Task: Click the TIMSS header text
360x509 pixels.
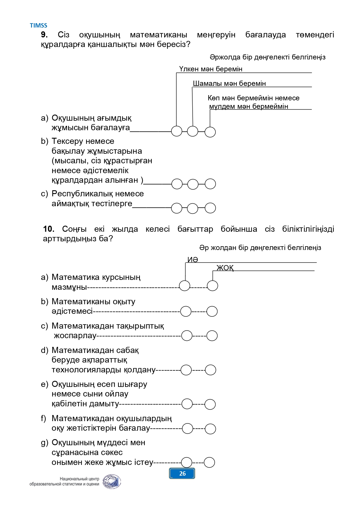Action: pyautogui.click(x=38, y=26)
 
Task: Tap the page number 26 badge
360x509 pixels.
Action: pyautogui.click(x=182, y=474)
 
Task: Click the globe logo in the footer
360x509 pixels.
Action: pyautogui.click(x=112, y=482)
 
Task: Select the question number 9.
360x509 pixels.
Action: pyautogui.click(x=44, y=35)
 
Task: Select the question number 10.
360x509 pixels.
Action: pyautogui.click(x=49, y=229)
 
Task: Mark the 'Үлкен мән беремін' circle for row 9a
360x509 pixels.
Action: pyautogui.click(x=177, y=131)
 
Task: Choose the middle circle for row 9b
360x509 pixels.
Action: pyautogui.click(x=193, y=184)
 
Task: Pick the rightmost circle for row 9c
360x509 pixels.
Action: pyautogui.click(x=210, y=208)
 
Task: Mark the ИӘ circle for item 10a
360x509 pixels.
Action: pyautogui.click(x=184, y=286)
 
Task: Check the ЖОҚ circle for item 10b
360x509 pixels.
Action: pyautogui.click(x=212, y=311)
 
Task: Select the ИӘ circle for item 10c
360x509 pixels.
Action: pyautogui.click(x=187, y=336)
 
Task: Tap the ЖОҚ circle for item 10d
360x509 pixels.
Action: pyautogui.click(x=211, y=370)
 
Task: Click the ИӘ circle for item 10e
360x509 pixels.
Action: pyautogui.click(x=187, y=404)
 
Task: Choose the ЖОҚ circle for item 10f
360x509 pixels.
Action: pyautogui.click(x=210, y=429)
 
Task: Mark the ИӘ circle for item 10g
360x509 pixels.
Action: pyautogui.click(x=187, y=463)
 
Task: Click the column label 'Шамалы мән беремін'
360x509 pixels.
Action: pyautogui.click(x=229, y=84)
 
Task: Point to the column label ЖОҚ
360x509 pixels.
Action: pyautogui.click(x=225, y=268)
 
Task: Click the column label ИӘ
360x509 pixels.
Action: pyautogui.click(x=193, y=260)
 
